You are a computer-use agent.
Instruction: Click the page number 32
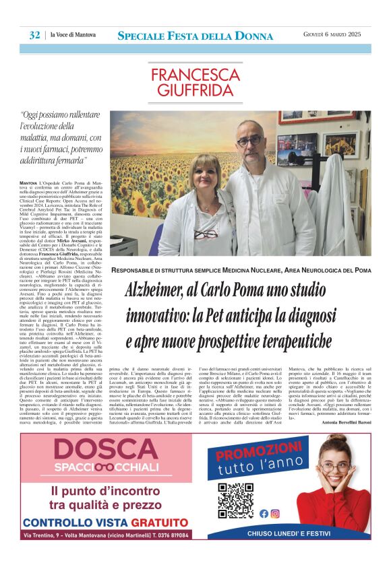click(34, 35)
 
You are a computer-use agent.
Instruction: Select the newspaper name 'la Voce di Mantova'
click(73, 35)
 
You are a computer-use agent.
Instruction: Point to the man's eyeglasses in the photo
click(249, 141)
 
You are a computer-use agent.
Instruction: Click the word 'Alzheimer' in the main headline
click(160, 290)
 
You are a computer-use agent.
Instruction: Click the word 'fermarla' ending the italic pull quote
click(69, 162)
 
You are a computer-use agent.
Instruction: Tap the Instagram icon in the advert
click(275, 513)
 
